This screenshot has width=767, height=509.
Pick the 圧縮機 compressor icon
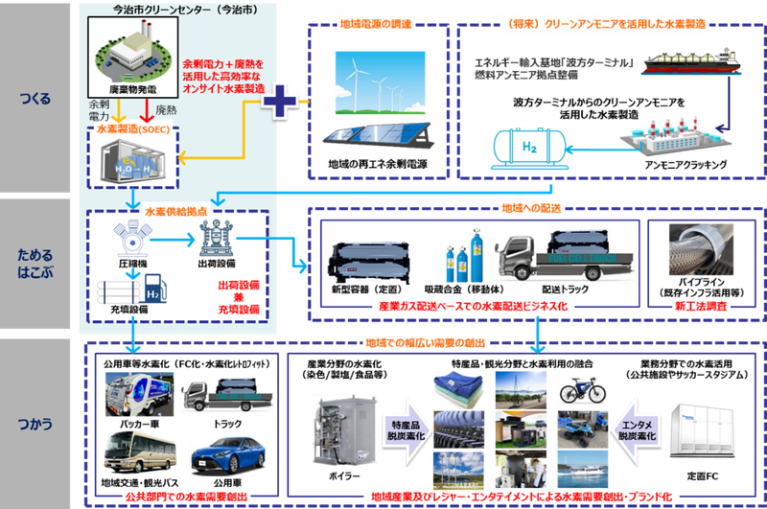pyautogui.click(x=128, y=240)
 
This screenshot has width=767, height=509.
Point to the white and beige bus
pyautogui.click(x=130, y=451)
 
